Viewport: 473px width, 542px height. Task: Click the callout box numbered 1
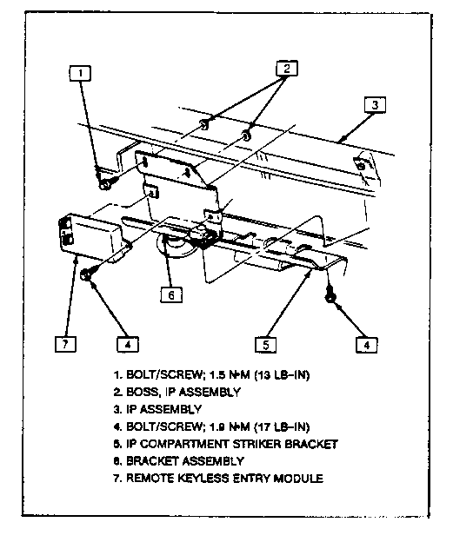point(80,73)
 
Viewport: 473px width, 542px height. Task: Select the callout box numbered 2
point(287,68)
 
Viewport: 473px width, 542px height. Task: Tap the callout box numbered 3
point(375,105)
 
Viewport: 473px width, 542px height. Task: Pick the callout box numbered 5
point(266,344)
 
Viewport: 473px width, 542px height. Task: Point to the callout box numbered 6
point(171,294)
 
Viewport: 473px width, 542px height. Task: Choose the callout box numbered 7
point(65,344)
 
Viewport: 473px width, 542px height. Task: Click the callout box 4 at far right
point(367,345)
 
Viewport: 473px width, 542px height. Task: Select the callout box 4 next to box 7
point(128,344)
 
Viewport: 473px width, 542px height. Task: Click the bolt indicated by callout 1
point(105,183)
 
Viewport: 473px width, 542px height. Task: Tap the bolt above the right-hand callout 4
point(330,296)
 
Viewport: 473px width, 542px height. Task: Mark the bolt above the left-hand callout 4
point(86,275)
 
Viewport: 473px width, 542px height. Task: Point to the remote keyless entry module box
point(90,235)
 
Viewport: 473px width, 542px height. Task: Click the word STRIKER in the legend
point(256,444)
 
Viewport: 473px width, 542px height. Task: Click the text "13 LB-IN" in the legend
point(282,375)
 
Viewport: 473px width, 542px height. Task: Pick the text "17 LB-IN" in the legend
point(282,426)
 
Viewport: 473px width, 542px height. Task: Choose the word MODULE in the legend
point(298,479)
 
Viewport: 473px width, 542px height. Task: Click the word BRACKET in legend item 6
point(152,461)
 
